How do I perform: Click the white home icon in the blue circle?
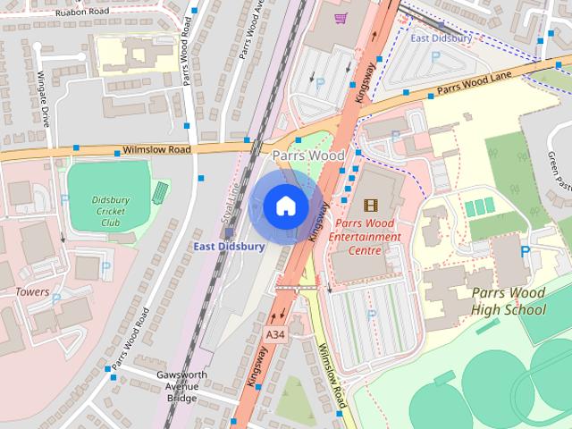pyautogui.click(x=285, y=206)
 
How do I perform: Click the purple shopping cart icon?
pyautogui.click(x=340, y=17)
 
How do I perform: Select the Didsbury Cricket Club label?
pyautogui.click(x=112, y=211)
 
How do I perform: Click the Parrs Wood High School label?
pyautogui.click(x=508, y=302)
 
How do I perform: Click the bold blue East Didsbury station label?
pyautogui.click(x=229, y=247)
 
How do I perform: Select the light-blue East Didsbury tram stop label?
pyautogui.click(x=441, y=38)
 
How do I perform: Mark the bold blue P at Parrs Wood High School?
pyautogui.click(x=525, y=252)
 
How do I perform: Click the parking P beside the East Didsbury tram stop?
pyautogui.click(x=435, y=56)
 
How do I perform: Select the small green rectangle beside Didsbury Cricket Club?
pyautogui.click(x=161, y=192)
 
